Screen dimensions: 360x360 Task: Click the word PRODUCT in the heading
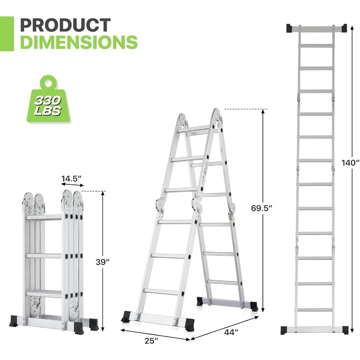click(x=65, y=25)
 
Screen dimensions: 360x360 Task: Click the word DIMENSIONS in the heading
click(x=79, y=42)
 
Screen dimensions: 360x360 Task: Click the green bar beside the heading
click(x=7, y=33)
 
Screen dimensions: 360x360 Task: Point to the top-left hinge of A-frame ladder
click(x=183, y=119)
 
